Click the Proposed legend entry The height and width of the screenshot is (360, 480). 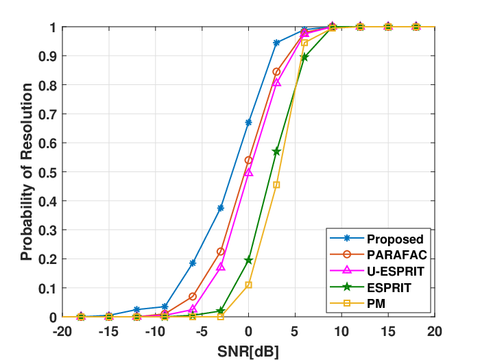click(x=377, y=239)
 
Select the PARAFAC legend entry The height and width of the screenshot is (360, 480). click(x=379, y=254)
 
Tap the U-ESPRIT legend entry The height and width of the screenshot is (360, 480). click(x=377, y=271)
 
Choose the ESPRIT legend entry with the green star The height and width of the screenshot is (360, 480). click(x=371, y=287)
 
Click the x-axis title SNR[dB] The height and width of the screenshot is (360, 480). click(x=248, y=351)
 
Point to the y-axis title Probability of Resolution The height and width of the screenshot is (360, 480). click(x=27, y=171)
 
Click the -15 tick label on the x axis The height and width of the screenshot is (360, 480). click(x=108, y=331)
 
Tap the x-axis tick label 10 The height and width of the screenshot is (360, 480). click(x=341, y=331)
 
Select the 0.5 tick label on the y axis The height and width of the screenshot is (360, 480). click(x=47, y=172)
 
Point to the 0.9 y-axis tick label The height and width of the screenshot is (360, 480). click(x=47, y=56)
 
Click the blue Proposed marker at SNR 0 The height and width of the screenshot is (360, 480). click(x=248, y=123)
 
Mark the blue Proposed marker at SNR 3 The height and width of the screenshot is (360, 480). click(x=276, y=43)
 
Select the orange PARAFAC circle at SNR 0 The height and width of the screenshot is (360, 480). click(x=248, y=160)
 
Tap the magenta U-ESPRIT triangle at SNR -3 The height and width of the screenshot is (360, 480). click(x=221, y=267)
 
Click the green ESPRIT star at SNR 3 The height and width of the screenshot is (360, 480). click(x=276, y=152)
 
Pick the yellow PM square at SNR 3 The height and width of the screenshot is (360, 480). click(x=276, y=185)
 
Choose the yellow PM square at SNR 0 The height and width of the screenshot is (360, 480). click(x=248, y=285)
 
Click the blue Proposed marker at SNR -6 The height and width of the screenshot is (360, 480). click(x=193, y=263)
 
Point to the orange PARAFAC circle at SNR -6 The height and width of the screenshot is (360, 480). click(x=193, y=296)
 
